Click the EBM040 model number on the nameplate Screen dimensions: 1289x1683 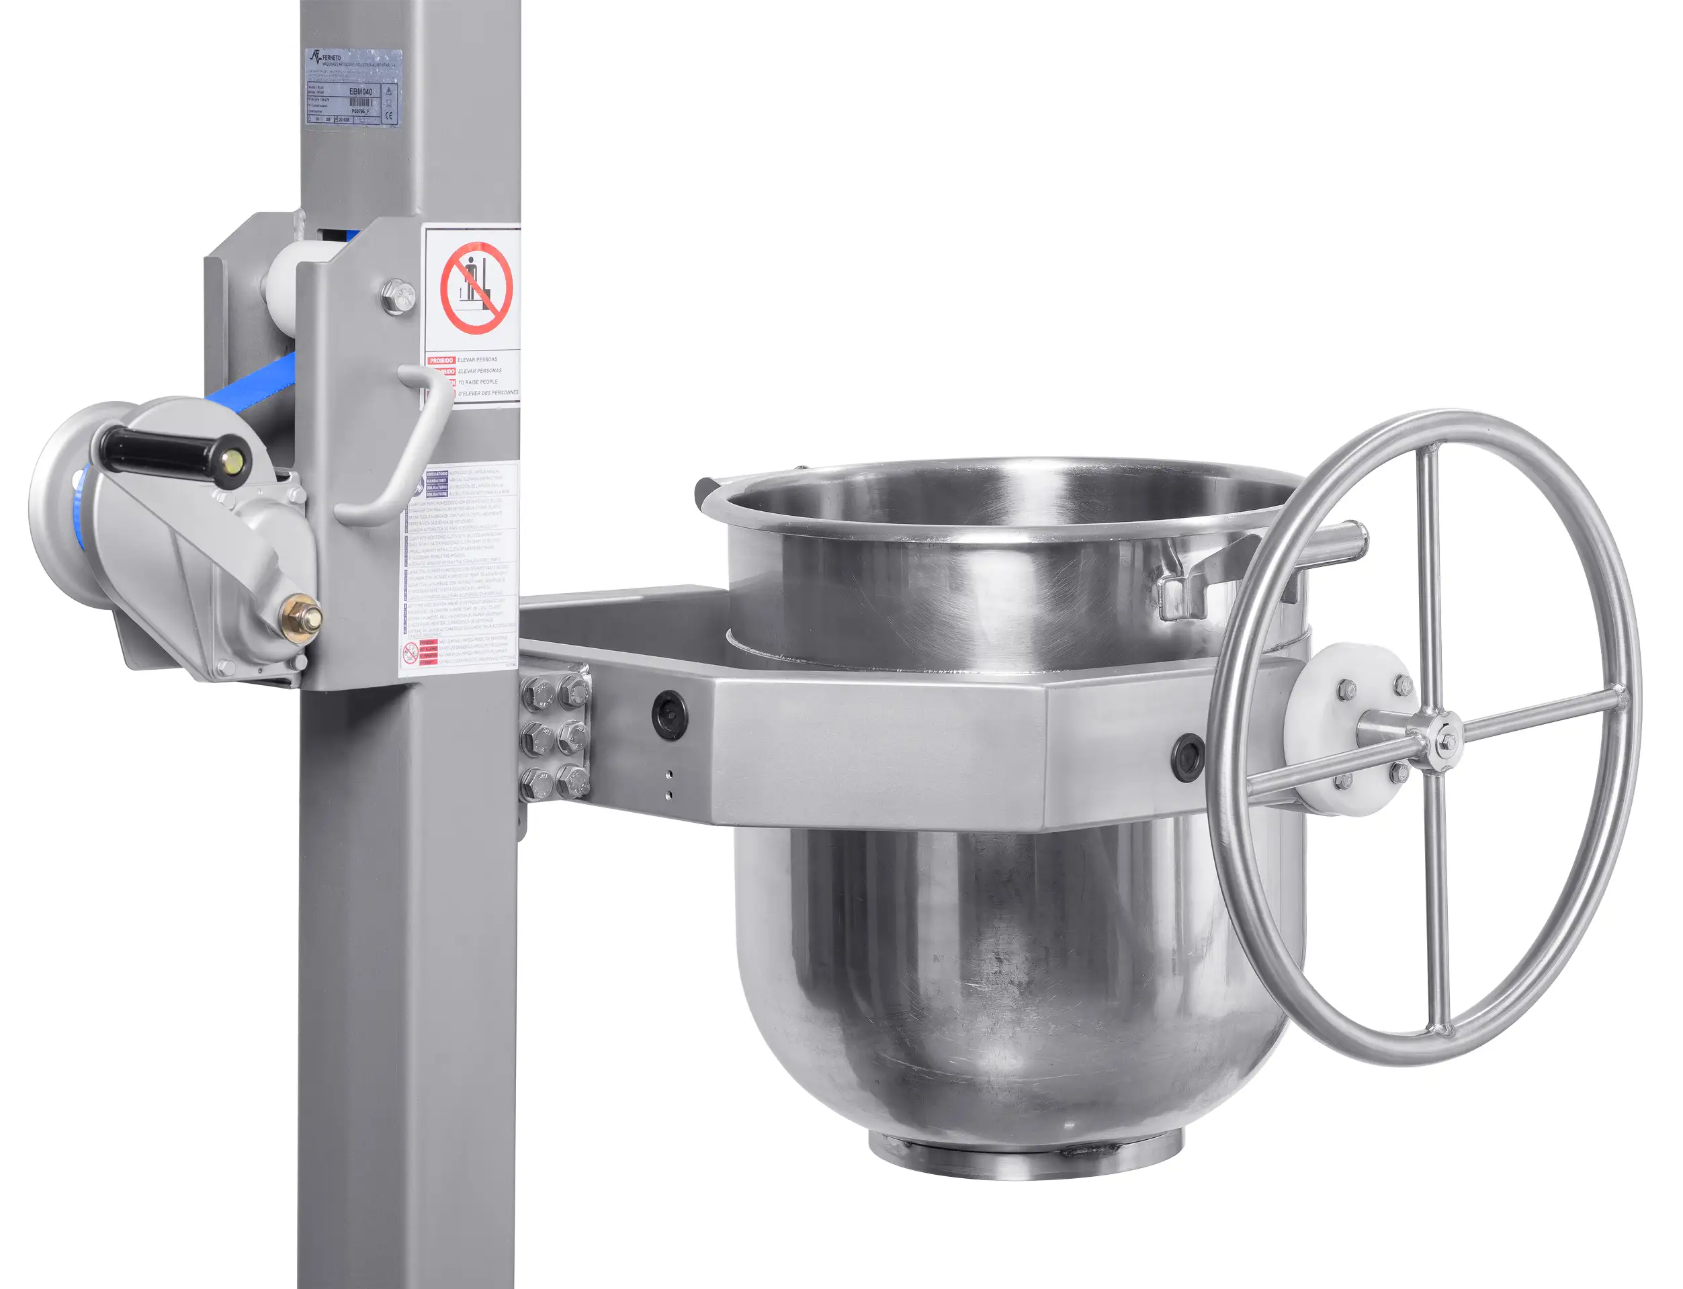point(361,91)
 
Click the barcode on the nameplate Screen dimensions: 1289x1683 point(360,102)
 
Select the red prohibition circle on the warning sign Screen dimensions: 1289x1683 point(476,287)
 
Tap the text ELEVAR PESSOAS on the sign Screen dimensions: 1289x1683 point(477,359)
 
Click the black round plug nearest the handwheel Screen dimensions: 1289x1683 point(1188,756)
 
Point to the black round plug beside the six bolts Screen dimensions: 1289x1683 point(668,715)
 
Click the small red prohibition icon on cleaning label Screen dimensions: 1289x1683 point(411,654)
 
